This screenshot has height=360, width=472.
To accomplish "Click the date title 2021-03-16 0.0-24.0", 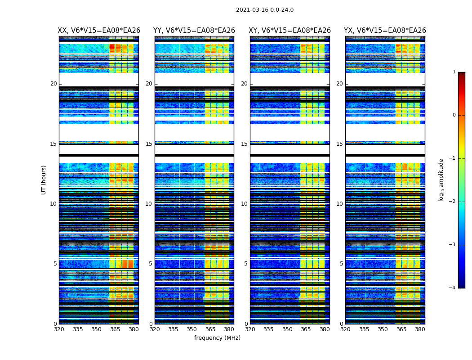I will tap(265, 10).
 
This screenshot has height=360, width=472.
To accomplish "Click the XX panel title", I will tap(99, 31).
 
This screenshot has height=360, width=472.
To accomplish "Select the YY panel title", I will tap(194, 31).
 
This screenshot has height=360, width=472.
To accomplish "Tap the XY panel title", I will tap(290, 31).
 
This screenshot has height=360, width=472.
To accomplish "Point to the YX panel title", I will tap(385, 31).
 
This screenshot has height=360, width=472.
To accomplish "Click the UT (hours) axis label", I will tap(44, 180).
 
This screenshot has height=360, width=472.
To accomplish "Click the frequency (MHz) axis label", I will tap(217, 338).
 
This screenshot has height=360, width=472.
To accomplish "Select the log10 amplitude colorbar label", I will tap(441, 180).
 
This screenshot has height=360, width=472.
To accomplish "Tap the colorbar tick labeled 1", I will tap(454, 72).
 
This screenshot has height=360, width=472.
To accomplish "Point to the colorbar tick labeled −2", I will tap(453, 202).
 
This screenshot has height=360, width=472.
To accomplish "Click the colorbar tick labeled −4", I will tap(453, 288).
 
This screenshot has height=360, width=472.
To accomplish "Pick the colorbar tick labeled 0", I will tap(454, 115).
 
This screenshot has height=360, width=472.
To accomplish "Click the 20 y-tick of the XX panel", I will tap(53, 84).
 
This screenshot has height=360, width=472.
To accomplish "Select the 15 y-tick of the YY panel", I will tap(149, 144).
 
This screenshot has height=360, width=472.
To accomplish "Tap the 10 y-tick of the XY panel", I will tap(244, 204).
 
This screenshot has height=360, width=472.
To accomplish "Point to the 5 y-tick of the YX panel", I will tap(341, 264).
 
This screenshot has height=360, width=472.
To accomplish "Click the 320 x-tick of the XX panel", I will tap(59, 329).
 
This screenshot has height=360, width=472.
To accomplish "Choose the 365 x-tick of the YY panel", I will tap(210, 329).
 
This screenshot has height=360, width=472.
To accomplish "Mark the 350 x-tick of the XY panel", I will tap(287, 329).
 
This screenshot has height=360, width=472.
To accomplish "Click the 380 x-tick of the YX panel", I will tap(420, 329).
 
